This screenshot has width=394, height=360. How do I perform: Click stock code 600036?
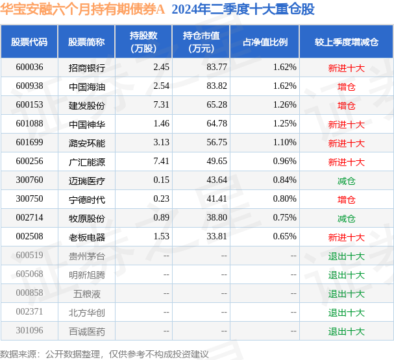click(29, 67)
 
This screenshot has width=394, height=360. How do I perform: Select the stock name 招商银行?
click(86, 67)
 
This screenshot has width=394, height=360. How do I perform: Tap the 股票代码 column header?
click(29, 42)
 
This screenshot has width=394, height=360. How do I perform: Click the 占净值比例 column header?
click(265, 42)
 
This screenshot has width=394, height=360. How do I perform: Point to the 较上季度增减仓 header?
click(346, 42)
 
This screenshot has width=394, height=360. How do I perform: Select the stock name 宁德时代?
click(86, 200)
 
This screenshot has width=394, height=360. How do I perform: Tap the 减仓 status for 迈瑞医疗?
click(346, 181)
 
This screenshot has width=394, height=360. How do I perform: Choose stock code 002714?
click(29, 219)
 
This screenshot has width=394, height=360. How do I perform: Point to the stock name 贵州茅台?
click(86, 256)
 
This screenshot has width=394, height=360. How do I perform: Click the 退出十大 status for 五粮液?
click(346, 294)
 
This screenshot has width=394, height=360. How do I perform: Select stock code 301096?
click(29, 331)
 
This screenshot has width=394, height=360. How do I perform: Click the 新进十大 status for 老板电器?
click(346, 237)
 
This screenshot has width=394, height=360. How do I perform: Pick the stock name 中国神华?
click(86, 124)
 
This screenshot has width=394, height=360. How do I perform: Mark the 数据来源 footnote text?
click(105, 354)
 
